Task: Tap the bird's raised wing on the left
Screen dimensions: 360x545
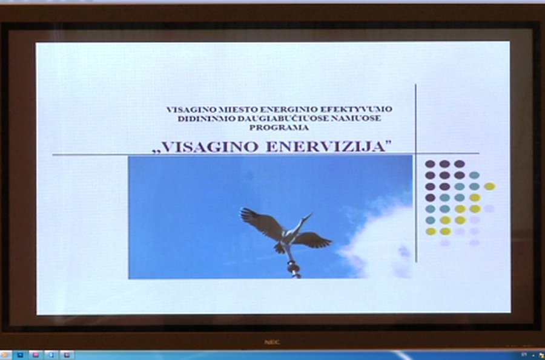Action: pyautogui.click(x=261, y=222)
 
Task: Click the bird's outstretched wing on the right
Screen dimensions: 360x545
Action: pyautogui.click(x=313, y=240)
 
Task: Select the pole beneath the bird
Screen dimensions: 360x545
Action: pyautogui.click(x=293, y=266)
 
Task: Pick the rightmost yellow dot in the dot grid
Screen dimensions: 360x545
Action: pyautogui.click(x=490, y=186)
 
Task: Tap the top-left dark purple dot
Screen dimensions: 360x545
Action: pyautogui.click(x=430, y=164)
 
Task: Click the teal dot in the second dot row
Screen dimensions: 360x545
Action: pyautogui.click(x=474, y=175)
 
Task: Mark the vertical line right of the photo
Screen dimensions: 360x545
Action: pyautogui.click(x=416, y=175)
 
